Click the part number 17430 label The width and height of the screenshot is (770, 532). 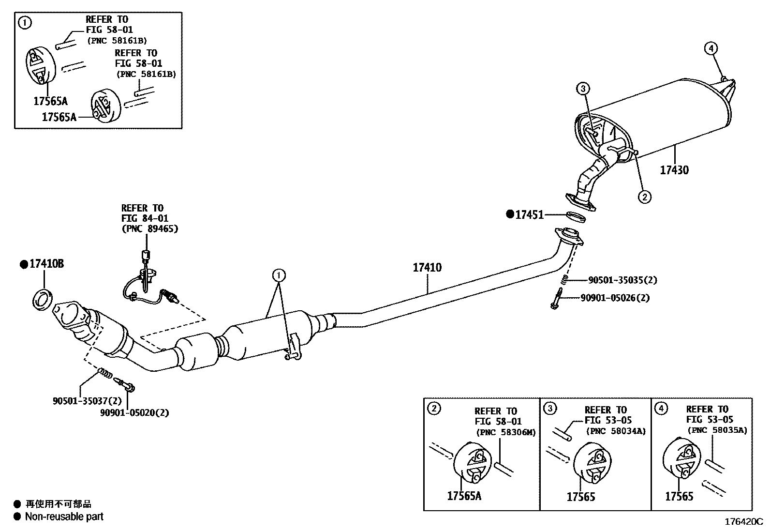pos(674,170)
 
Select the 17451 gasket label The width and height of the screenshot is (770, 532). pos(529,214)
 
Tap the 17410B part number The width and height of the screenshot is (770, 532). pos(46,264)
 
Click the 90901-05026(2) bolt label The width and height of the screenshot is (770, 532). pos(615,298)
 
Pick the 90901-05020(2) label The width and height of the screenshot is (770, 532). pos(134,413)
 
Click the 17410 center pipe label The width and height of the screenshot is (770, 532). pos(427,267)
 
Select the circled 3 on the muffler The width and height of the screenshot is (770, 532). pos(583,89)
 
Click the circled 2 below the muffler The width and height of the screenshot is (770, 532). pos(644,197)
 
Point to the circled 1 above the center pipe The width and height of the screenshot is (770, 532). pos(279,275)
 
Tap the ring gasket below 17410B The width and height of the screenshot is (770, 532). pos(42,300)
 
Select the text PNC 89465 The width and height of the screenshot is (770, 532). pos(149,228)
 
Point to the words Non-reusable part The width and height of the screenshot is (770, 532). pos(64,517)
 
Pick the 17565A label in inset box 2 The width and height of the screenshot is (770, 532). pos(464,496)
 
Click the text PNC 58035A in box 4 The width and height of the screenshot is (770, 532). pos(716,430)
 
